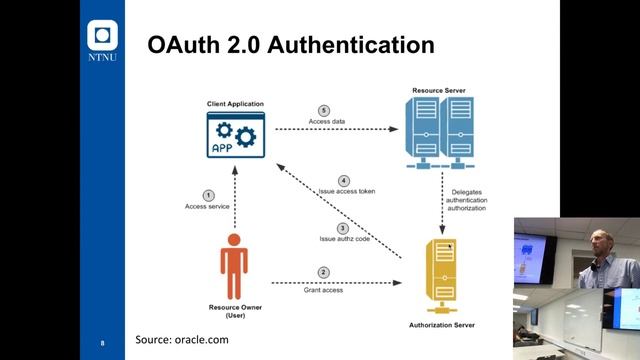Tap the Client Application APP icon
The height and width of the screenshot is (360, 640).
[x=233, y=134]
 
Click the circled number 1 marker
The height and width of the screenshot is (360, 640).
[x=208, y=195]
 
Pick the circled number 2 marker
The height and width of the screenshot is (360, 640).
[x=324, y=272]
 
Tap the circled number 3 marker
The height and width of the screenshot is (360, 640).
[x=343, y=228]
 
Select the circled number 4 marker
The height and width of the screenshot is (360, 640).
[x=343, y=179]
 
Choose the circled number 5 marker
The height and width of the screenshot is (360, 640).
[x=324, y=110]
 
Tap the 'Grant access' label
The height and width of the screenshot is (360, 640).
[x=324, y=289]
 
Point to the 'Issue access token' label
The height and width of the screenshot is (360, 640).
[x=346, y=191]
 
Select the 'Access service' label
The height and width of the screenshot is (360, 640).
[x=208, y=207]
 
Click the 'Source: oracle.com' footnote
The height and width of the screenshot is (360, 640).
[x=182, y=340]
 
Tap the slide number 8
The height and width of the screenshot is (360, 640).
[x=102, y=343]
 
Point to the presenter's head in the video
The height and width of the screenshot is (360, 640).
[x=597, y=242]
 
